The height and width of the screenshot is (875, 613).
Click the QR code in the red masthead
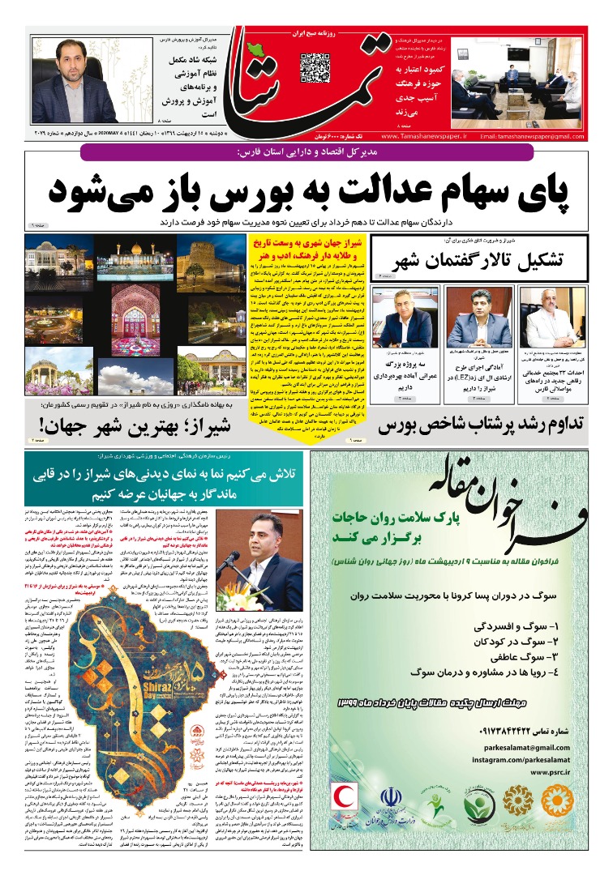coord(315,68)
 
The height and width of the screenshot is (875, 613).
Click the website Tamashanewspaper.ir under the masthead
coord(422,135)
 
